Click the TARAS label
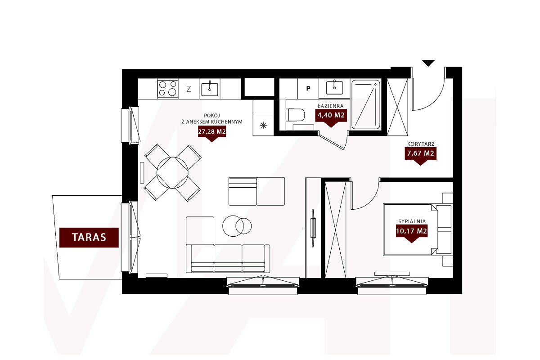pyautogui.click(x=89, y=238)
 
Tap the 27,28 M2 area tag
pyautogui.click(x=212, y=132)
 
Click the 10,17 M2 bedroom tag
pyautogui.click(x=411, y=232)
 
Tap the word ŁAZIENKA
pyautogui.click(x=330, y=106)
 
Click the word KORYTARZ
pyautogui.click(x=421, y=144)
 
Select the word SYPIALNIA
pyautogui.click(x=412, y=221)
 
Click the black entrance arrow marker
pyautogui.click(x=428, y=63)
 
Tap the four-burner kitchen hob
pyautogui.click(x=168, y=89)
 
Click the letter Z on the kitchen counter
pyautogui.click(x=189, y=89)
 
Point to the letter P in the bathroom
pyautogui.click(x=308, y=89)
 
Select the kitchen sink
pyautogui.click(x=210, y=89)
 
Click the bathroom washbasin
pyautogui.click(x=335, y=88)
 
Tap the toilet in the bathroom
pyautogui.click(x=295, y=115)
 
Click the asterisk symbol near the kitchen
pyautogui.click(x=263, y=126)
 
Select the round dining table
pyautogui.click(x=172, y=173)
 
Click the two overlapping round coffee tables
pyautogui.click(x=237, y=226)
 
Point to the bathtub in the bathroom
pyautogui.click(x=366, y=105)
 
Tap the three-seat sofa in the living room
pyautogui.click(x=228, y=258)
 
